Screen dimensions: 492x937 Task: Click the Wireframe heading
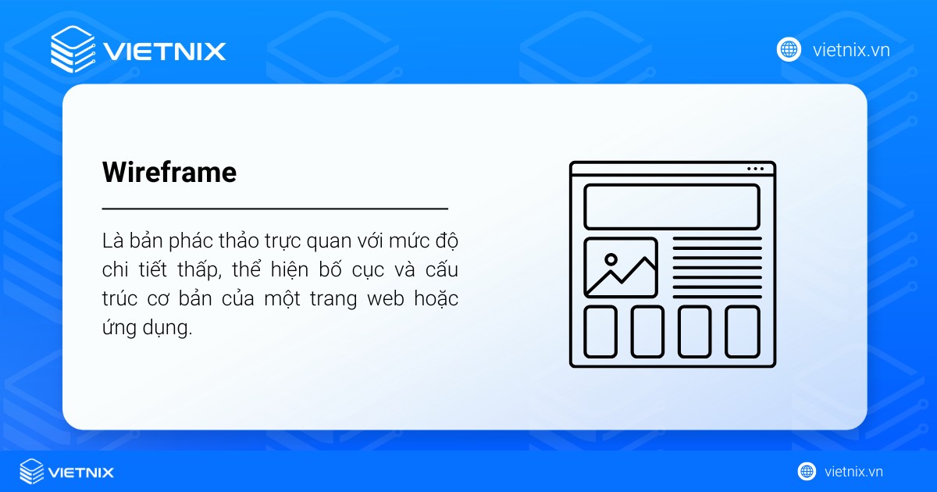pos(169,173)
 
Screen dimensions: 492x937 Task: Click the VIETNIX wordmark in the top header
pos(165,52)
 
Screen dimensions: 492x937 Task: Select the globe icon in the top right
pos(789,50)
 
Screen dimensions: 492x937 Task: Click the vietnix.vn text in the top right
pos(851,51)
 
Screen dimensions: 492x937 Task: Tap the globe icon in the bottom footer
pos(807,471)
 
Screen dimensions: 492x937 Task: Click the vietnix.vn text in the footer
pos(853,472)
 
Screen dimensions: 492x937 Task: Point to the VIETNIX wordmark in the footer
pos(81,472)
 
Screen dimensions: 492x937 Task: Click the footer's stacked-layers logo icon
pos(32,471)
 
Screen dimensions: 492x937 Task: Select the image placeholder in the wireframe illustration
pos(621,268)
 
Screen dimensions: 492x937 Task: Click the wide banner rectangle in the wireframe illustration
pos(672,207)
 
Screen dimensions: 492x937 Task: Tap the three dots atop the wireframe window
pos(755,169)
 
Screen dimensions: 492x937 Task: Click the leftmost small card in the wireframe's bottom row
pos(600,331)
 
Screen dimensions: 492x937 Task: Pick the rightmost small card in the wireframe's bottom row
pos(742,331)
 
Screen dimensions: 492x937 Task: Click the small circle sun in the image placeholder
pos(611,259)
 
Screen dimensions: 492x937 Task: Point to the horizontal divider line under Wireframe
pos(275,209)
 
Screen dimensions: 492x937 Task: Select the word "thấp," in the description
pos(197,270)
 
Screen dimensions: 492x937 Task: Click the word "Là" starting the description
pos(112,239)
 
